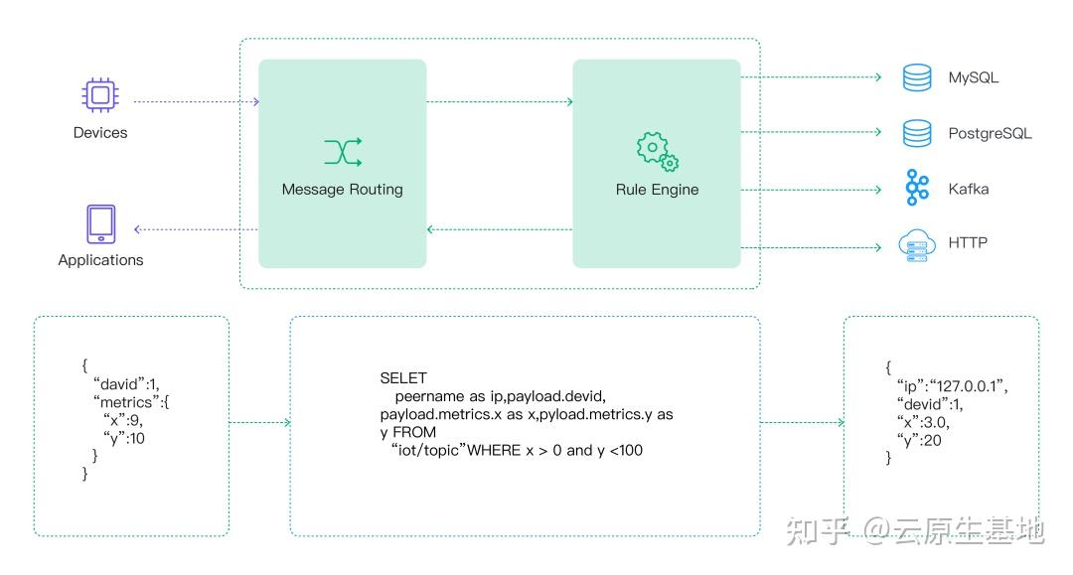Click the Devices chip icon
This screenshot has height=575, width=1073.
pyautogui.click(x=100, y=94)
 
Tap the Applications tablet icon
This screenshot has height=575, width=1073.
pyautogui.click(x=100, y=224)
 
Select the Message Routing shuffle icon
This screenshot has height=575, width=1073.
pyautogui.click(x=343, y=152)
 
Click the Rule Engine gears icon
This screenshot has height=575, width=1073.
pyautogui.click(x=657, y=151)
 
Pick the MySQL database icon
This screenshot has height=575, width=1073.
pyautogui.click(x=917, y=77)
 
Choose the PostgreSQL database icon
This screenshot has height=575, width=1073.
pyautogui.click(x=917, y=133)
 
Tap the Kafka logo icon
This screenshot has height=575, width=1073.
pyautogui.click(x=917, y=188)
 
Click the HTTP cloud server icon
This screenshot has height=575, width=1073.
pyautogui.click(x=917, y=245)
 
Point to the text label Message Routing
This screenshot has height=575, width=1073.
pyautogui.click(x=342, y=190)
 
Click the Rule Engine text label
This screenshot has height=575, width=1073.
pyautogui.click(x=657, y=190)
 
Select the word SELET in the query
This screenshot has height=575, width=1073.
pyautogui.click(x=403, y=378)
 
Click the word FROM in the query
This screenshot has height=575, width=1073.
pyautogui.click(x=414, y=432)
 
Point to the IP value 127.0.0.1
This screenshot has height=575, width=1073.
pyautogui.click(x=967, y=386)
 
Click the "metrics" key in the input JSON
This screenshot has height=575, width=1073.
pyautogui.click(x=126, y=402)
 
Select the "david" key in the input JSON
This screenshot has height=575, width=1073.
pyautogui.click(x=120, y=383)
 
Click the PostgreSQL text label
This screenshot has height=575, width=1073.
pyautogui.click(x=990, y=133)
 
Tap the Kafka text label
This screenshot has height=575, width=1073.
pyautogui.click(x=969, y=189)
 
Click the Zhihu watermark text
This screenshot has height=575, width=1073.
pyautogui.click(x=916, y=530)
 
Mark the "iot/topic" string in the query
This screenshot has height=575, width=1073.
pyautogui.click(x=428, y=450)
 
